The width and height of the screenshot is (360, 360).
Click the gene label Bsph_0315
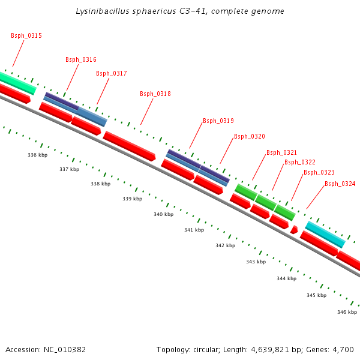coord(26,36)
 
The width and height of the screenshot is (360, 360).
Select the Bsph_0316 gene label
coord(81,59)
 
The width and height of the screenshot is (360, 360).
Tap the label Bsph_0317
coord(112,73)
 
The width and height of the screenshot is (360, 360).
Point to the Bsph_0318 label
coord(155,94)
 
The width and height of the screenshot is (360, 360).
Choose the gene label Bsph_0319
coord(218,121)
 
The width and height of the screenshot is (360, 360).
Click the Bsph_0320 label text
coord(250,136)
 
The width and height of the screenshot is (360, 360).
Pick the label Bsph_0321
coord(282,152)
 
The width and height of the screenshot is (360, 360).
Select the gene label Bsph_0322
coord(300,162)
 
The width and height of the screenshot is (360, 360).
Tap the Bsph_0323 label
coord(319,172)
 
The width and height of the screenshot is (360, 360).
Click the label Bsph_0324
coord(340,184)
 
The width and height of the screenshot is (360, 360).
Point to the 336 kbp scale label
coord(37,155)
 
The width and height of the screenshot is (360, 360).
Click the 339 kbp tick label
coord(132,199)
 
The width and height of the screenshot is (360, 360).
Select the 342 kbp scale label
coord(225,246)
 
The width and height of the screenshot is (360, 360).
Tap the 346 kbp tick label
coord(347,312)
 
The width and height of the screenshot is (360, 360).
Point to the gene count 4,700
coord(342,349)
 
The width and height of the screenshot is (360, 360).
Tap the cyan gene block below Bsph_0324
coord(325,234)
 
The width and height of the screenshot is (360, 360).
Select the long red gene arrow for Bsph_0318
coord(129,146)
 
